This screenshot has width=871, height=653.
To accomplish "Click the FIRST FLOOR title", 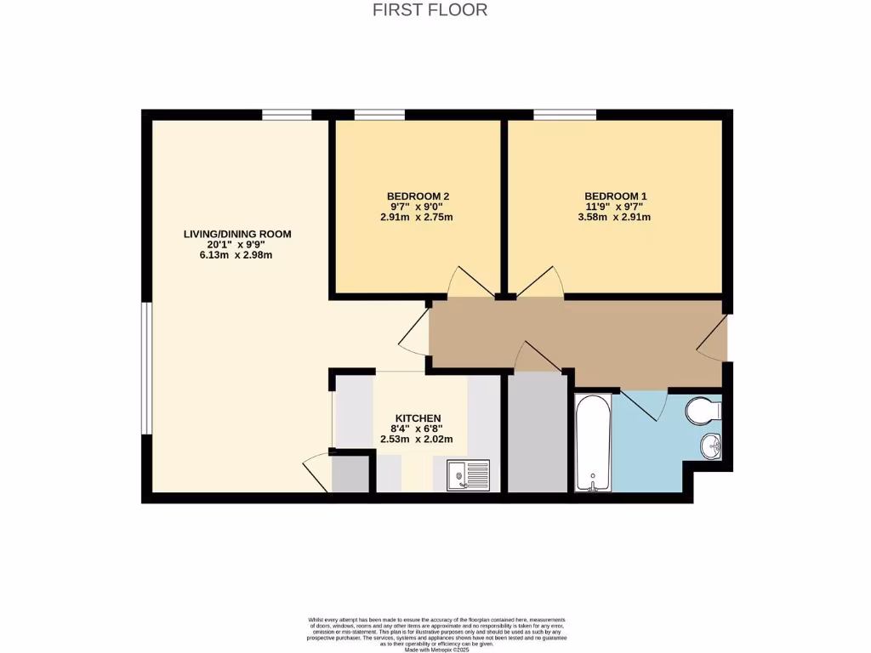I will pyautogui.click(x=430, y=10).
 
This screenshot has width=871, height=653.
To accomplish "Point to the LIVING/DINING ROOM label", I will pyautogui.click(x=231, y=233).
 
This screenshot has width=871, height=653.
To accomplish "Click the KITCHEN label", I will pyautogui.click(x=416, y=418).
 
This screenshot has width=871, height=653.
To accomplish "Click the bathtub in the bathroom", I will pyautogui.click(x=593, y=442).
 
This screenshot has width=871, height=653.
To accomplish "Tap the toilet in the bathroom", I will pyautogui.click(x=703, y=412).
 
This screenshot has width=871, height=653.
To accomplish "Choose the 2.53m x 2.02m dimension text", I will pyautogui.click(x=416, y=440).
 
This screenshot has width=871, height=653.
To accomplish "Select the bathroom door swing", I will pyautogui.click(x=644, y=404).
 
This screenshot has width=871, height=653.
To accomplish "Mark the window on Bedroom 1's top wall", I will pyautogui.click(x=564, y=115).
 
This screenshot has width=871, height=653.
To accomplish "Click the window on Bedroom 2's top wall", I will pyautogui.click(x=379, y=115).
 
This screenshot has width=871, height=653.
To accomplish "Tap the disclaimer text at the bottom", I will pyautogui.click(x=435, y=634).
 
